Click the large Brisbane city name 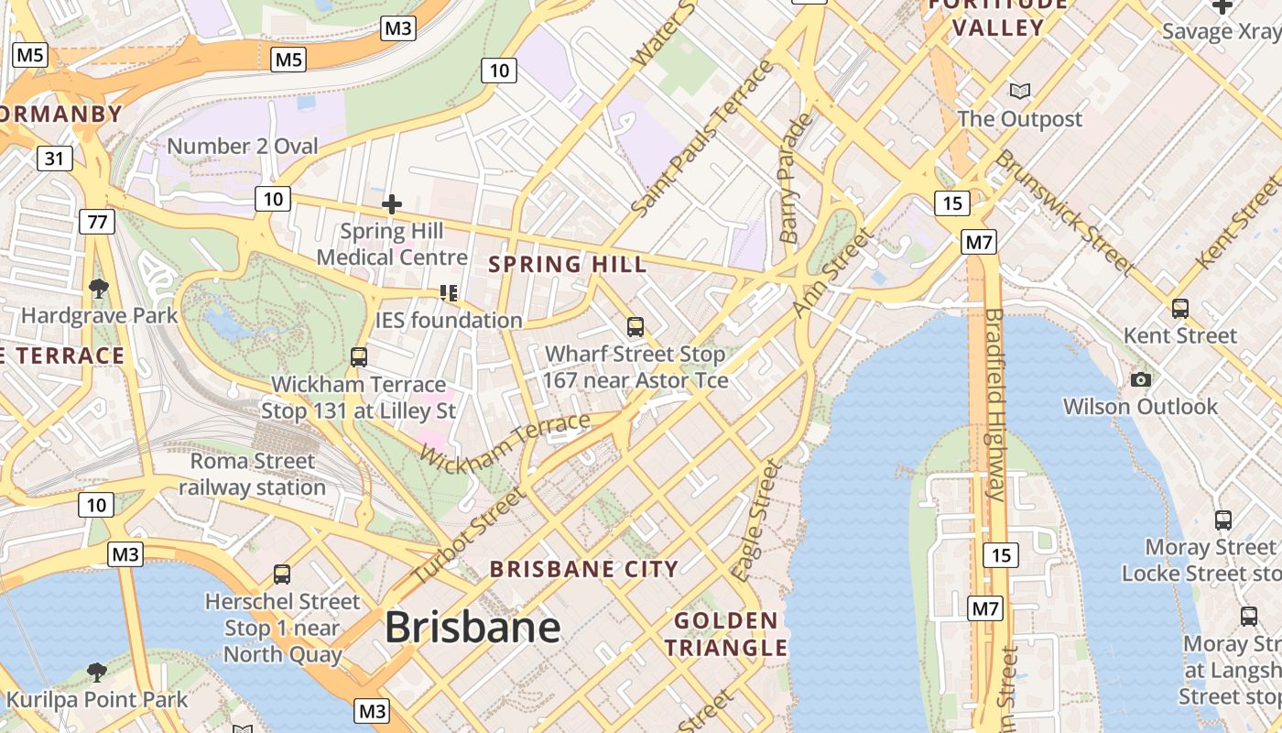(x=472, y=628)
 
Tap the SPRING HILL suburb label (x=567, y=265)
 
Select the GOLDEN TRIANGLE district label (x=725, y=634)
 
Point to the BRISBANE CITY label (x=583, y=569)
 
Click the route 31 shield (x=55, y=159)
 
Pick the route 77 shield (x=96, y=221)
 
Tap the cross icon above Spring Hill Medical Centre (x=392, y=204)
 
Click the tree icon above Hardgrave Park (x=98, y=289)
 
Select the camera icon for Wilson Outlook (x=1140, y=379)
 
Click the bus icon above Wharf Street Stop (x=635, y=326)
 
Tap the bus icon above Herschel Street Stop (x=282, y=574)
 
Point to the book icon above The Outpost (x=1019, y=91)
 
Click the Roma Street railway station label (x=252, y=474)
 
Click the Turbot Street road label (x=468, y=536)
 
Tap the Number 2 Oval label (x=242, y=146)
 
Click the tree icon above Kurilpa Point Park (x=96, y=673)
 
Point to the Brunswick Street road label (x=1065, y=211)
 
